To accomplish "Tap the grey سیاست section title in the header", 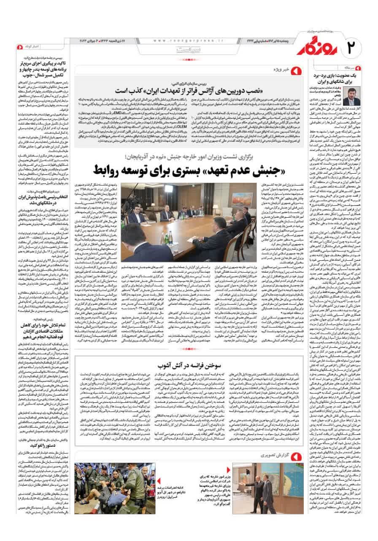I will coord(186,49).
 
